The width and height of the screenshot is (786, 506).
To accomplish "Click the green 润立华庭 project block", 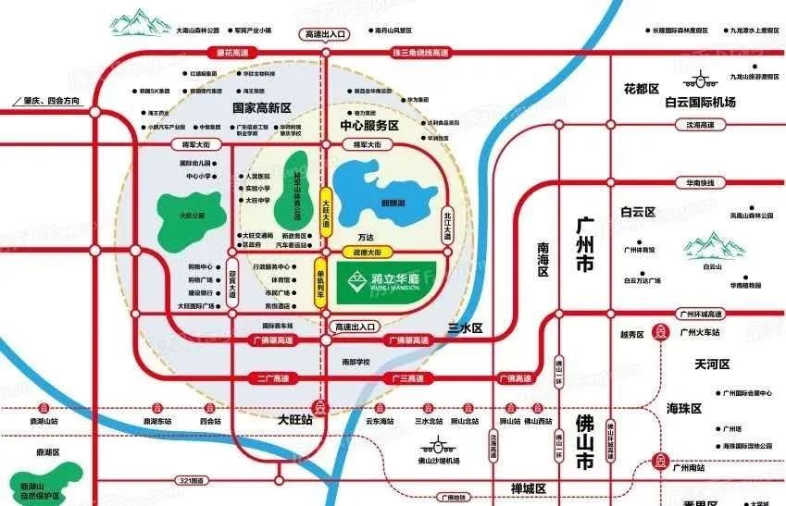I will pyautogui.click(x=383, y=278).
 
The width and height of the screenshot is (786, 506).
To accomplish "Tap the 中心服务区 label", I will pyautogui.click(x=368, y=125).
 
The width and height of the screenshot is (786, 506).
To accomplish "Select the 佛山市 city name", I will pyautogui.click(x=585, y=447).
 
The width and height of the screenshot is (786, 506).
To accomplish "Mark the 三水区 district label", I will pyautogui.click(x=466, y=328).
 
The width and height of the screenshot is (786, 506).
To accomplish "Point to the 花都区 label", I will pyautogui.click(x=641, y=89).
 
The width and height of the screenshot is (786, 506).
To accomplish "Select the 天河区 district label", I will pyautogui.click(x=712, y=364).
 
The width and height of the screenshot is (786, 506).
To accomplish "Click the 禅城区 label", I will pyautogui.click(x=530, y=488).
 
